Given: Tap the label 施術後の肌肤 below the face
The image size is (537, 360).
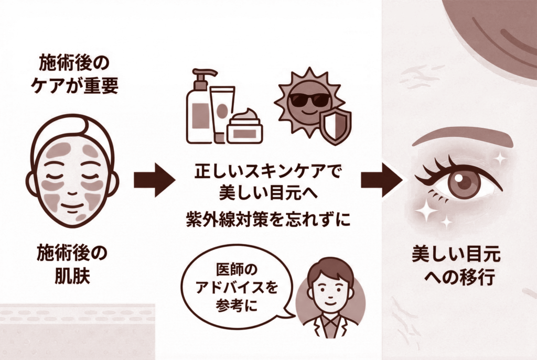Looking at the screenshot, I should point(72,265).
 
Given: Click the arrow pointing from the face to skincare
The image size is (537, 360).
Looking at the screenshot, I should point(154,180).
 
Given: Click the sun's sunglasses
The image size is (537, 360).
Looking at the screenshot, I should point(309,100).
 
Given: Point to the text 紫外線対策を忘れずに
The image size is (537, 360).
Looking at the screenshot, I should point(265,221).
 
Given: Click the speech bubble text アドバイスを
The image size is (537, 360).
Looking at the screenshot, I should point(236,289).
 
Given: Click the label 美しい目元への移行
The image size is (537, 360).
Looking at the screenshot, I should point(456,266).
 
